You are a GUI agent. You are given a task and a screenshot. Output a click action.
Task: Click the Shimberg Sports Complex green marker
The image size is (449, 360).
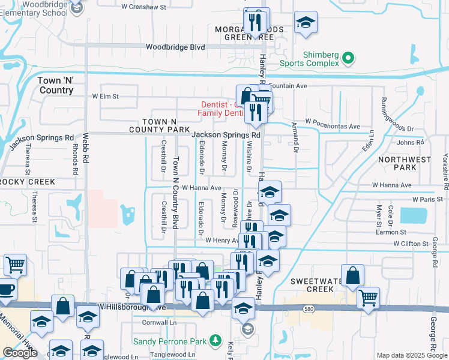tap(348, 58)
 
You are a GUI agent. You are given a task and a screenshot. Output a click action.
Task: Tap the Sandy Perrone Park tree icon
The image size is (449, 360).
tap(215, 341)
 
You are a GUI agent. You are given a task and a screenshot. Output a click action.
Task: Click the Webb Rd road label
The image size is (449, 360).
tap(86, 148)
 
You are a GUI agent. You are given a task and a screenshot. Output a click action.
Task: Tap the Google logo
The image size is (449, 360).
tap(20, 353)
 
